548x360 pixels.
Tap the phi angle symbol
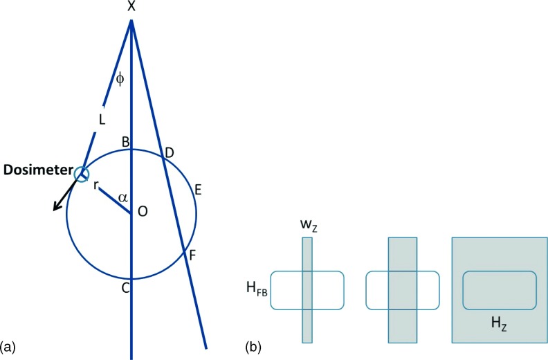[120, 79]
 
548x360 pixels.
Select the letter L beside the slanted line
[102, 120]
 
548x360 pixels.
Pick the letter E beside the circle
[199, 189]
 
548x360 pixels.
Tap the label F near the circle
[192, 255]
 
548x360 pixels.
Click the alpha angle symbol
[122, 198]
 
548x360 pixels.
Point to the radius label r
[96, 185]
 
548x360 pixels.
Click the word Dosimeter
[38, 169]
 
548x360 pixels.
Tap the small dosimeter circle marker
[83, 174]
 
